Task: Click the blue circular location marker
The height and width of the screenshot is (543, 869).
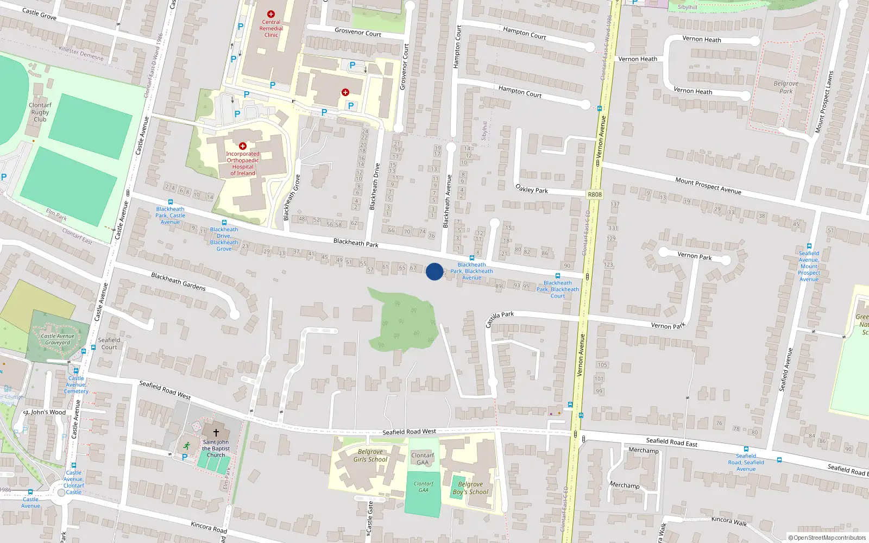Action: pos(434,271)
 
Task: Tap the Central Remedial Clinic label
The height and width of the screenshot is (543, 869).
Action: pos(271,28)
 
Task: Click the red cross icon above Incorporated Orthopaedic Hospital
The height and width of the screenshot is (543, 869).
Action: pos(243,146)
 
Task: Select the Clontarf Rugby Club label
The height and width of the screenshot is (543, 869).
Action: pos(40,112)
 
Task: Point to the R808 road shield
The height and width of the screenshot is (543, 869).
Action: pos(595,194)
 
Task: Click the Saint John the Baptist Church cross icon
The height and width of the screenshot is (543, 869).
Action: pos(216,433)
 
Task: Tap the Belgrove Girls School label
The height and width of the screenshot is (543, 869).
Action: pos(370,456)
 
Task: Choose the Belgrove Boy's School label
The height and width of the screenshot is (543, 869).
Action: pos(470,488)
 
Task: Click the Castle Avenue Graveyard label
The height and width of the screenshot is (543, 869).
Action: pos(58,339)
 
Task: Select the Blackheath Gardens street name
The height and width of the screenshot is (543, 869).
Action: pos(178,281)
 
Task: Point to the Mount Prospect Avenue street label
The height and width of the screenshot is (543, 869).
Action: pos(708,186)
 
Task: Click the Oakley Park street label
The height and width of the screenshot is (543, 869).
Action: pos(531,189)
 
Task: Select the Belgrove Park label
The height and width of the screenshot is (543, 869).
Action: pos(786,87)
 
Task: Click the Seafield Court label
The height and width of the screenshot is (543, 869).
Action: pos(109,344)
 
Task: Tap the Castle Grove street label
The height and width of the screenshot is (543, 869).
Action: pos(39,14)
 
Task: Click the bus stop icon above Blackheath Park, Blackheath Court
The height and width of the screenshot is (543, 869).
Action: pos(558,276)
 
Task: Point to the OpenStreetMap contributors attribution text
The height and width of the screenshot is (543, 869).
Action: pos(827,538)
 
